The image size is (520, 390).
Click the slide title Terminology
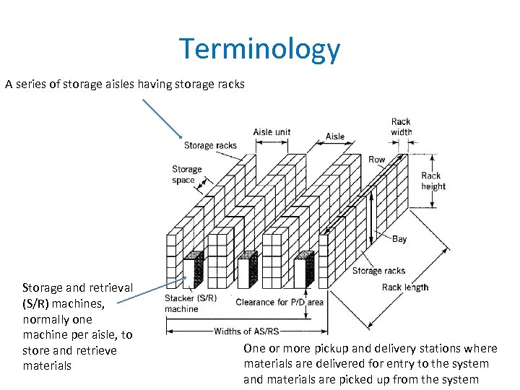pos(259,49)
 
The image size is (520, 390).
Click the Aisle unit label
pos(272,132)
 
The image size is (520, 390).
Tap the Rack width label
pos(401,127)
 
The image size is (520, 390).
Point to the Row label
pos(377,160)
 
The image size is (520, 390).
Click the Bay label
pos(399,239)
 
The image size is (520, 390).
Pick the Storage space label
pos(186,175)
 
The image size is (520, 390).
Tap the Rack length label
pos(404,287)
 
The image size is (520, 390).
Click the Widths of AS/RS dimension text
pos(246,331)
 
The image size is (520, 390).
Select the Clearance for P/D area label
pos(279,302)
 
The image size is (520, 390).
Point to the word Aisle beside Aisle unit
pos(335,136)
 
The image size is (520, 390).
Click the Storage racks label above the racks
pos(210,145)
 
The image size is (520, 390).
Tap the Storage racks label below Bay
pos(378,271)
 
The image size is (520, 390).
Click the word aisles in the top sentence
pos(122,84)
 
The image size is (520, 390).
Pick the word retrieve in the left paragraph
pos(95,350)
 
